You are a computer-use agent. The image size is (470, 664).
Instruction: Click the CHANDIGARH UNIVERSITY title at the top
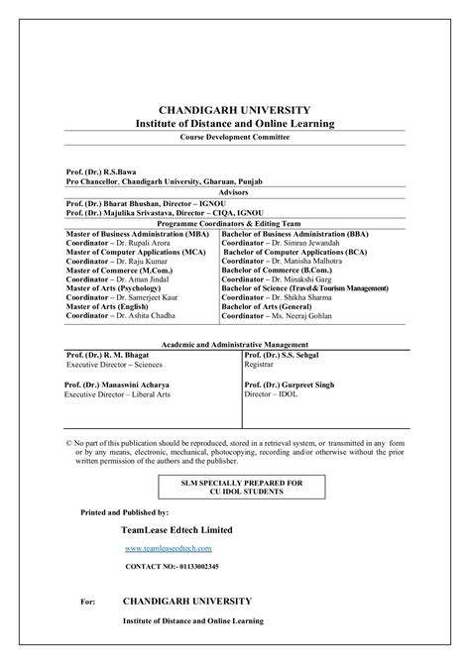click(x=234, y=109)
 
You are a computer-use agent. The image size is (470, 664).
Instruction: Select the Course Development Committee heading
click(x=234, y=137)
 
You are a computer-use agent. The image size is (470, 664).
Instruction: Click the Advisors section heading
click(x=234, y=192)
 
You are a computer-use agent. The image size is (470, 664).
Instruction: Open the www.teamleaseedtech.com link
click(x=169, y=547)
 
